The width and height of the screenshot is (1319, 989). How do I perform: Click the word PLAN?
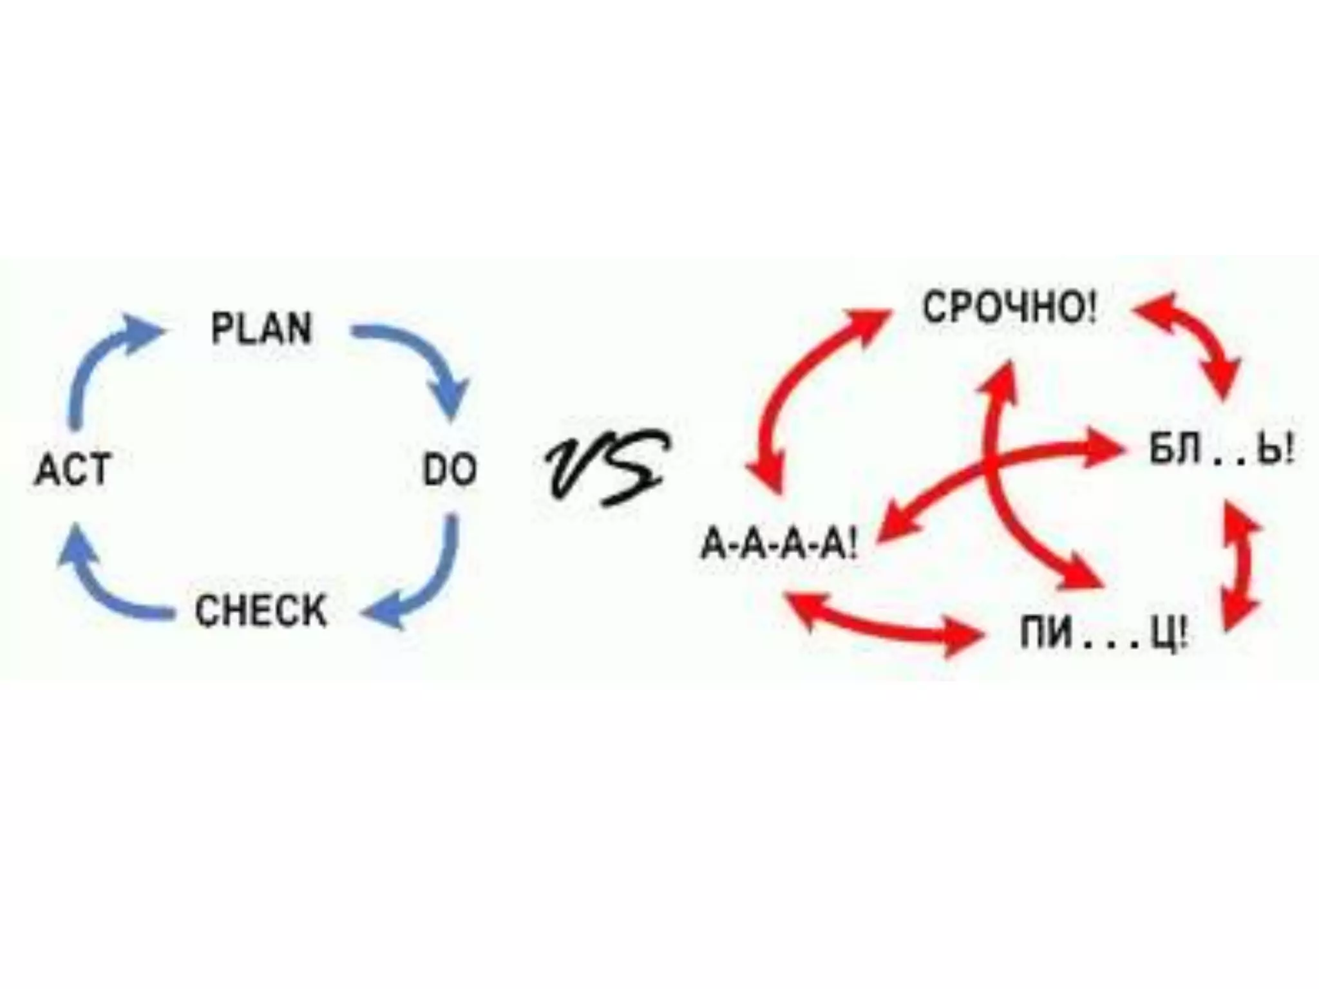pyautogui.click(x=261, y=328)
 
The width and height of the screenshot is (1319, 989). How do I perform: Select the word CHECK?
pyautogui.click(x=261, y=610)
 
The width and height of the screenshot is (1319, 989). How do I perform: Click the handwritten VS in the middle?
pyautogui.click(x=605, y=467)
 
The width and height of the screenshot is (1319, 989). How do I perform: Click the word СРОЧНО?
pyautogui.click(x=1009, y=308)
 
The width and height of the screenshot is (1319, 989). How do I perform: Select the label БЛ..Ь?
pyautogui.click(x=1221, y=451)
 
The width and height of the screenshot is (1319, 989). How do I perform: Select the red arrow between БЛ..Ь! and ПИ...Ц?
pyautogui.click(x=1240, y=567)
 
